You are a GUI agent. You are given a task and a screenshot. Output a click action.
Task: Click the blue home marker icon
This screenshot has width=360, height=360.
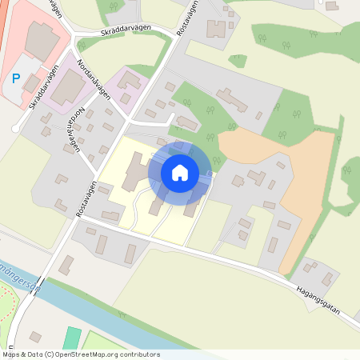click(180, 172)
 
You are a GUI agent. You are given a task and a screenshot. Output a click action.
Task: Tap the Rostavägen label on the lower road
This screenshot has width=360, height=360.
click(85, 197)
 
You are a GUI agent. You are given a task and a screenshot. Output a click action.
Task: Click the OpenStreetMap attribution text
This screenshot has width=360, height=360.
click(80, 354)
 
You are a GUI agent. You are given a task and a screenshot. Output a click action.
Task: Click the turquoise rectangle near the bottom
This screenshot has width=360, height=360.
click(72, 338)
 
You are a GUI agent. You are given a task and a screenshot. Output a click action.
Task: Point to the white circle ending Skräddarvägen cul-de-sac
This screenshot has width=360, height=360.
click(15, 128)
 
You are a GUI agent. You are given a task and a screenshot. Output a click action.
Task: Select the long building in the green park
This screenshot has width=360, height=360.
click(232, 100)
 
